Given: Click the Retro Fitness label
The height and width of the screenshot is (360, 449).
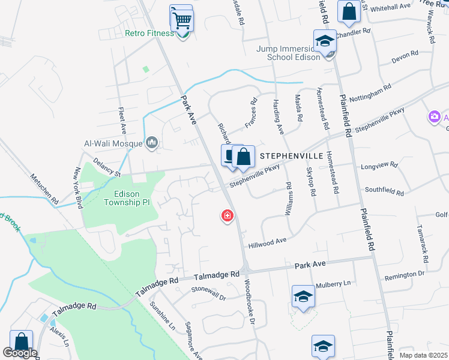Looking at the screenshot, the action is [149, 33].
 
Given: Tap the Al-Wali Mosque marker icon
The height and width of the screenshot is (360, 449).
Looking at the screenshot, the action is [152, 143].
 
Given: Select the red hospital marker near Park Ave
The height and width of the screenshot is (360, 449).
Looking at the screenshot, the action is [228, 215].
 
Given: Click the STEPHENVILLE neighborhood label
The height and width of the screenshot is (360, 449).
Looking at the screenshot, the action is [291, 155].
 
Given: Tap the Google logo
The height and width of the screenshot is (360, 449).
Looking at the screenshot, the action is [20, 353].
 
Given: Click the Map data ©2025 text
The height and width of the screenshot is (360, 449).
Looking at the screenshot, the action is [423, 355].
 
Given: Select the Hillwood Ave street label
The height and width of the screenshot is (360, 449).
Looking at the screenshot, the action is [267, 242].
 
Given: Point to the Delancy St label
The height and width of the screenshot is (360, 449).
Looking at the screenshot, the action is [106, 175].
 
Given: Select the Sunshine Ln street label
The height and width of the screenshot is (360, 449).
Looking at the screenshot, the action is [162, 317].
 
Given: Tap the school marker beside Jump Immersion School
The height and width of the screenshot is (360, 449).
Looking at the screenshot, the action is [325, 42].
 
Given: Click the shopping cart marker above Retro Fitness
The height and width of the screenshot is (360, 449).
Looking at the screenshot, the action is [182, 21].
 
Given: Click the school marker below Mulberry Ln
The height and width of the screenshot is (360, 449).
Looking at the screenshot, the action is [323, 346].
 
